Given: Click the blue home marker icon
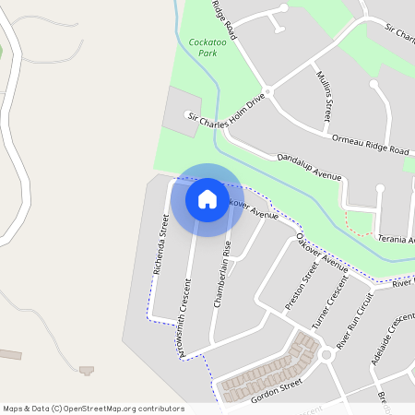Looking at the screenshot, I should (207, 199).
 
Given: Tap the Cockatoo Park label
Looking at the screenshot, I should (207, 47).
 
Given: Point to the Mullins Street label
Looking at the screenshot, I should (323, 97).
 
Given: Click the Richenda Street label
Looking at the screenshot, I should (165, 238).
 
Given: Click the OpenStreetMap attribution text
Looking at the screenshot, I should (93, 408).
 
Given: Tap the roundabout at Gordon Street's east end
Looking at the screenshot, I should (326, 354).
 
